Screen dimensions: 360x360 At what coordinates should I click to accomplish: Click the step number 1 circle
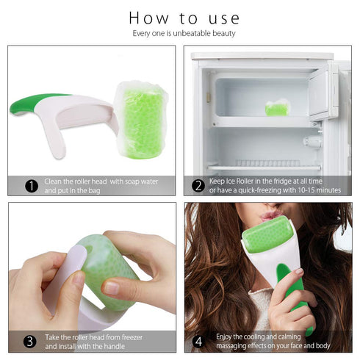(x=31, y=186)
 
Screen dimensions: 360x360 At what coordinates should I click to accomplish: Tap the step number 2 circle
(x=198, y=186)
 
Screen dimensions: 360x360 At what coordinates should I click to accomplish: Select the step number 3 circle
(x=31, y=341)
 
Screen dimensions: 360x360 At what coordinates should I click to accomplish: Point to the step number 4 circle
(x=198, y=341)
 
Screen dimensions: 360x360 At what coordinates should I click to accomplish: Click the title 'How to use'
(x=184, y=17)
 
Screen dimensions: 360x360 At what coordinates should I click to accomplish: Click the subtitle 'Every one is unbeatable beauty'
(x=184, y=33)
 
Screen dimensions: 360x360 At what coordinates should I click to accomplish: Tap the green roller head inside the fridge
(x=276, y=109)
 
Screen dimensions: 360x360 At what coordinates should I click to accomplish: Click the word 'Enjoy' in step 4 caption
(x=226, y=336)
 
